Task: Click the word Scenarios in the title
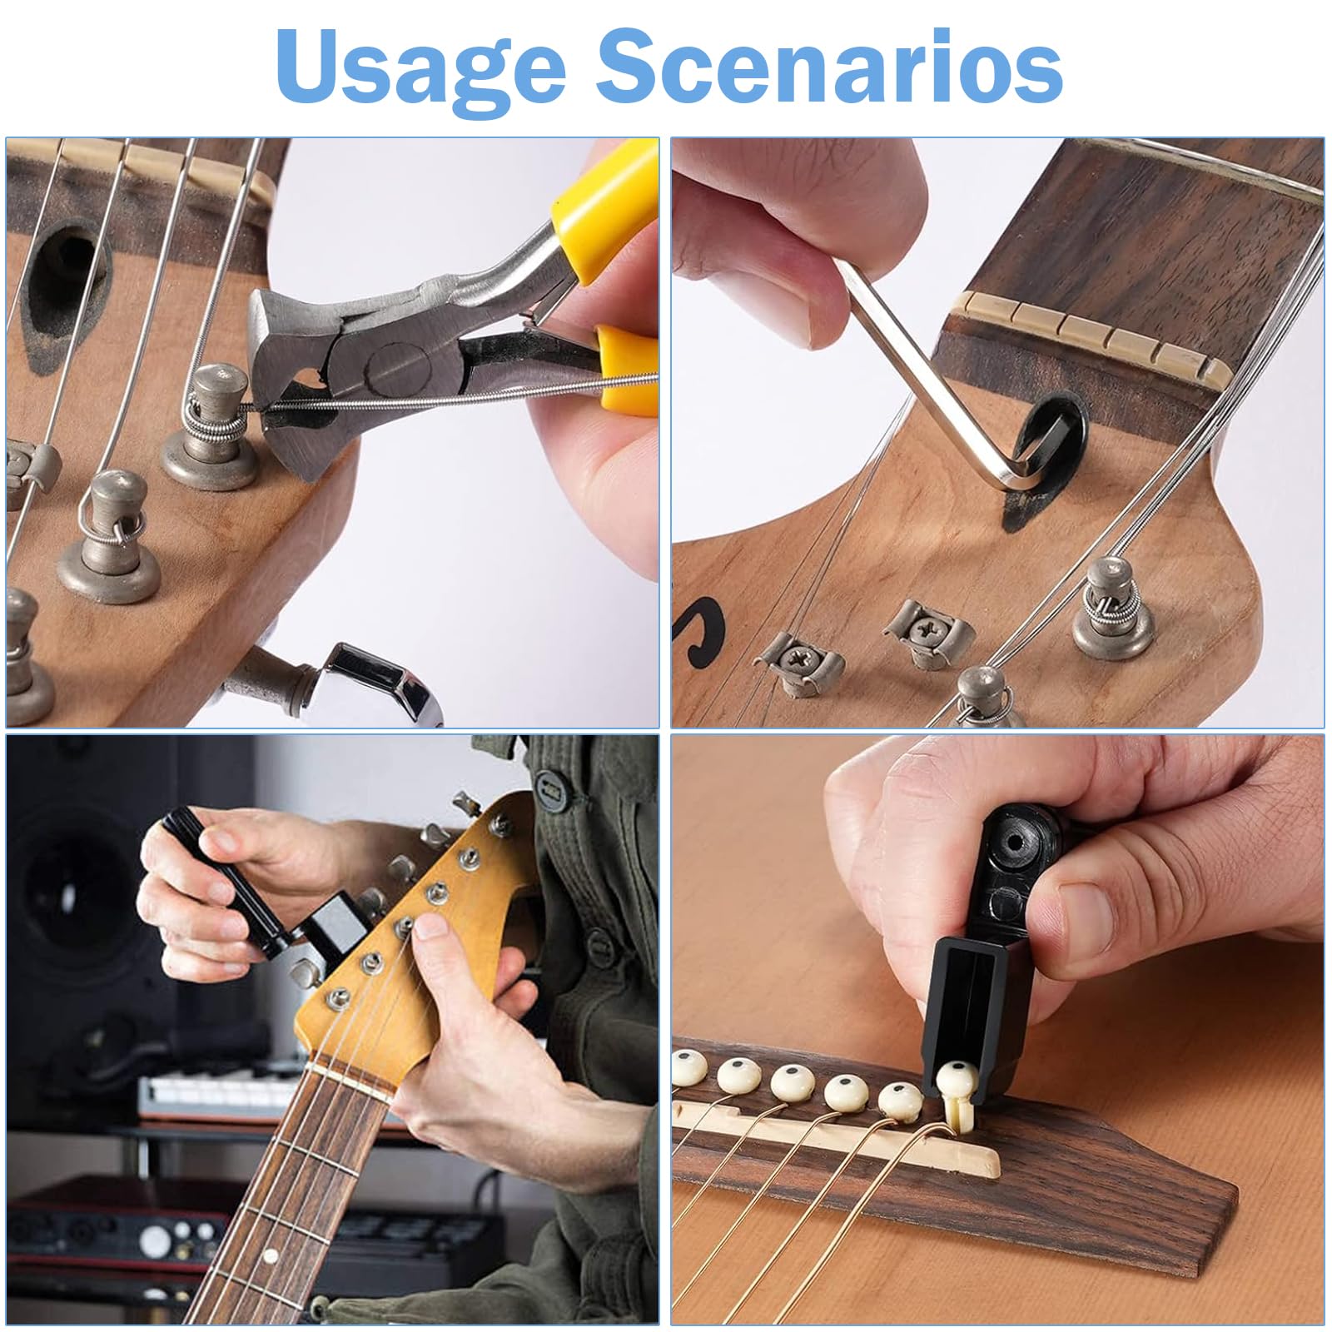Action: [829, 67]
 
